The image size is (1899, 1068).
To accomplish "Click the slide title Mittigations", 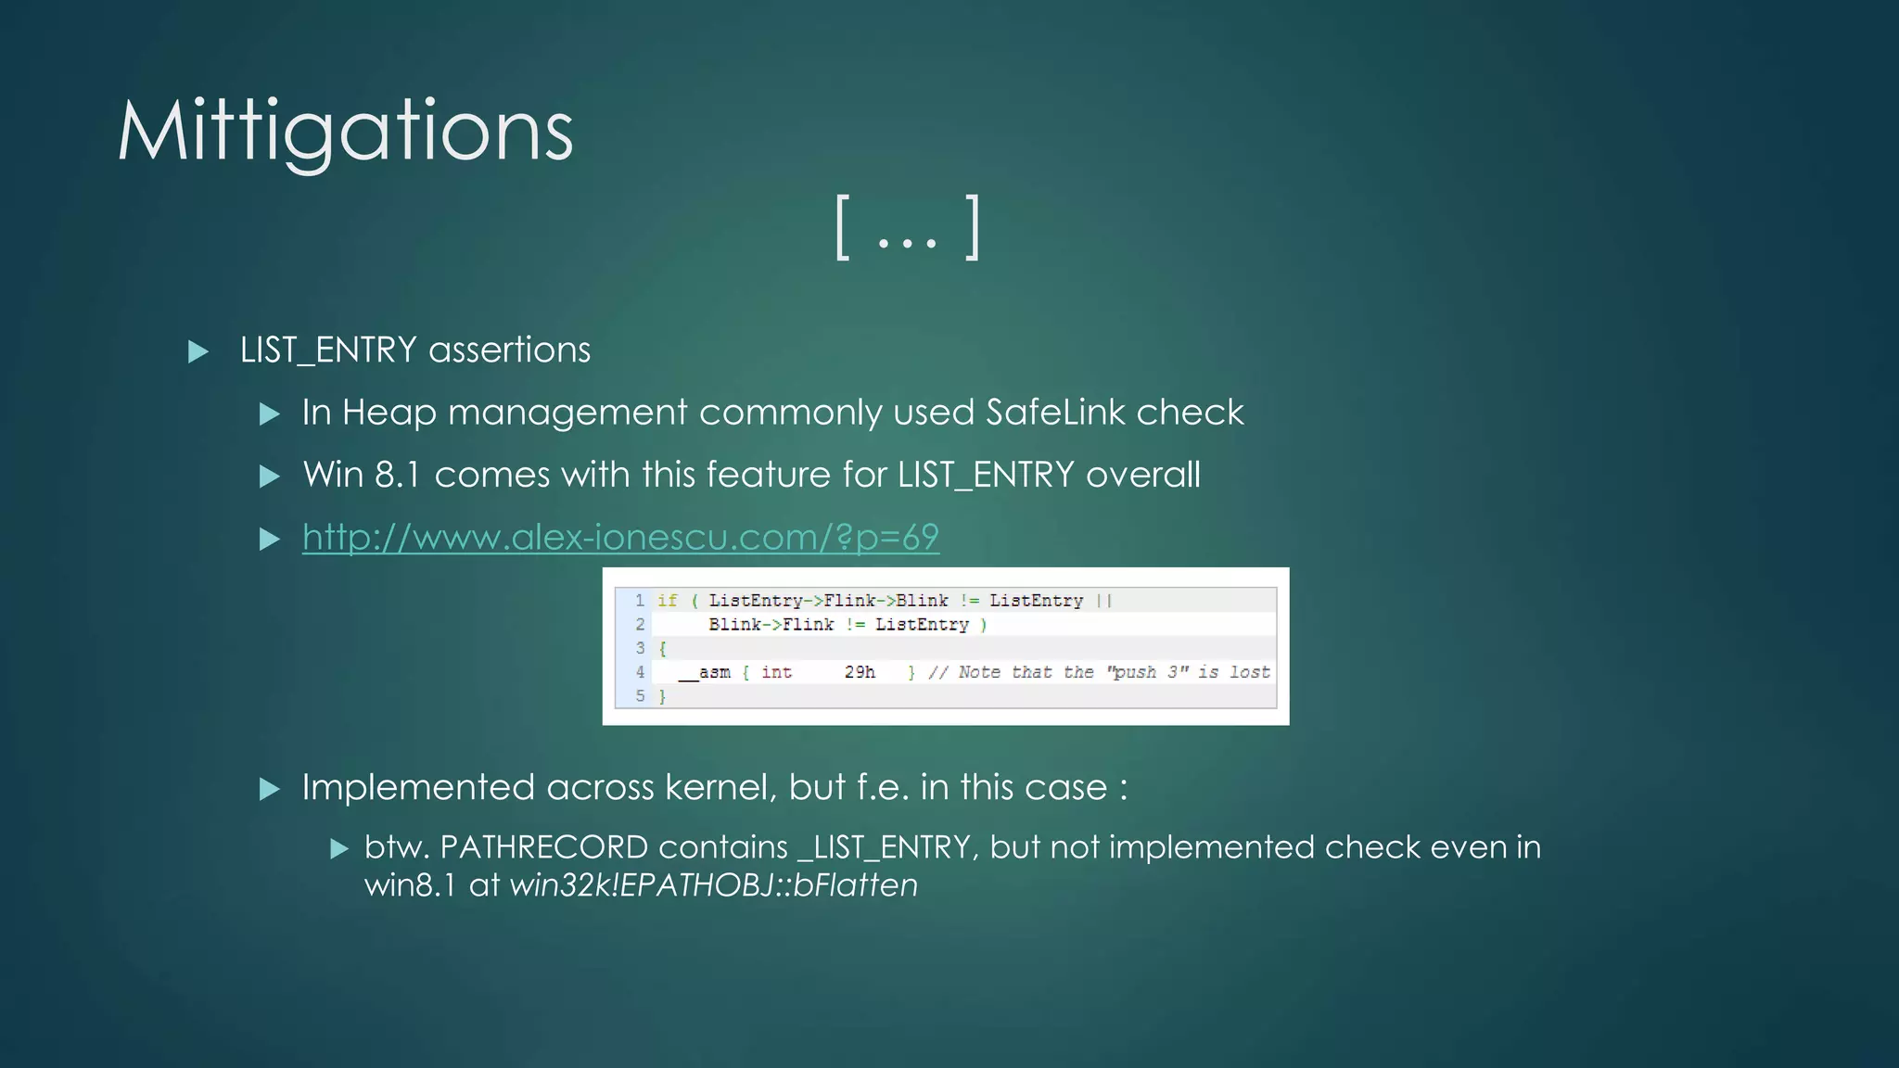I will click(x=345, y=132).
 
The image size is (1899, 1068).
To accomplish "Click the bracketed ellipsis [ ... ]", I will click(x=907, y=228).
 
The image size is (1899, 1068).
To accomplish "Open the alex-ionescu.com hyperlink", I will click(x=620, y=537).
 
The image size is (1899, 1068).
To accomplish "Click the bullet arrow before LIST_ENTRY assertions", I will click(x=198, y=351).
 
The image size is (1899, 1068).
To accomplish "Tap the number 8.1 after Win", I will click(x=397, y=475).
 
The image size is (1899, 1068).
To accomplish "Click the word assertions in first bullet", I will click(x=509, y=350).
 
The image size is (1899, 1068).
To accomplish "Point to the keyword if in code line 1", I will click(x=668, y=601).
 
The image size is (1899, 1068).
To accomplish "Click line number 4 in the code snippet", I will click(x=640, y=672).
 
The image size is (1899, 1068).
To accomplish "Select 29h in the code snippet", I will click(x=860, y=672).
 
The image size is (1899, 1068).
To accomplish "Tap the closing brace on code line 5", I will click(x=662, y=696).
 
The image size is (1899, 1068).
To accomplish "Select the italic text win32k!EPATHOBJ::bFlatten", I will click(x=713, y=885).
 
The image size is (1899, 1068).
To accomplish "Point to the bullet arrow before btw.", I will click(x=339, y=848).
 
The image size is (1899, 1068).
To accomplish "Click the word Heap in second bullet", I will click(x=389, y=413).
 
